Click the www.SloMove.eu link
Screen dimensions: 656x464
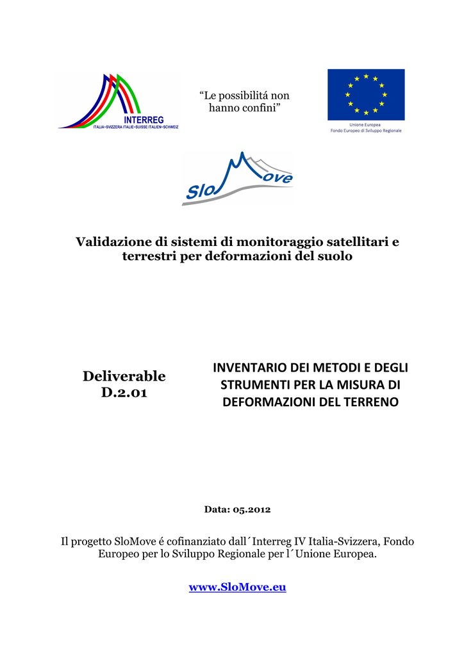(x=237, y=587)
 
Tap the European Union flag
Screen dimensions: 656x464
(x=366, y=94)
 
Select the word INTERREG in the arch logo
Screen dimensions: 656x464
(x=144, y=120)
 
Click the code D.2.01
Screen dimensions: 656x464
(x=124, y=392)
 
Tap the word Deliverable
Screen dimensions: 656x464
(x=124, y=376)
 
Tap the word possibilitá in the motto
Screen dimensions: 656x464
(x=246, y=95)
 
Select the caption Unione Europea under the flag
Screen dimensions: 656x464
(x=366, y=125)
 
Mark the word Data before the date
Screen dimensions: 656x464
(x=216, y=509)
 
